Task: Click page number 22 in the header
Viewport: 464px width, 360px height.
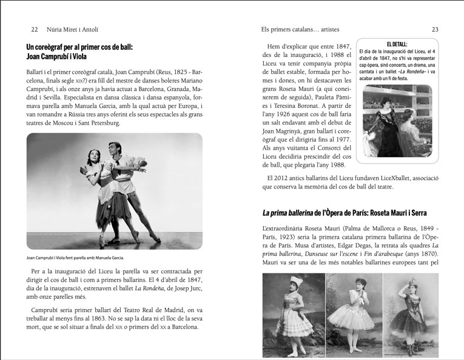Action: click(35, 28)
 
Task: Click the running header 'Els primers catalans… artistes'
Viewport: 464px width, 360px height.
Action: click(300, 28)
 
